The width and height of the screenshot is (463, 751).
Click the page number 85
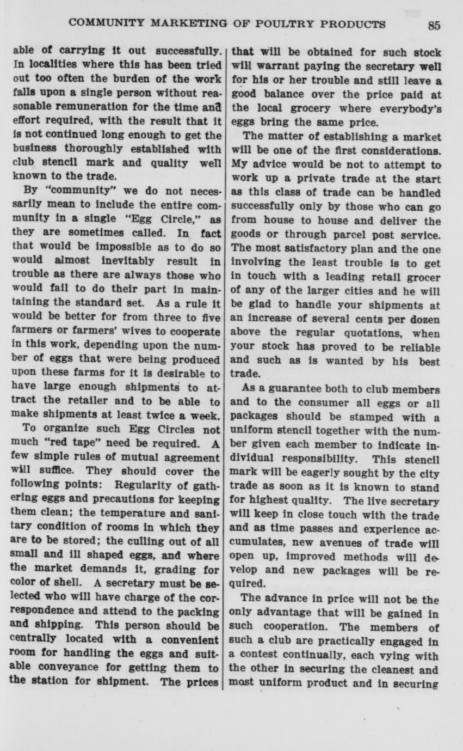click(x=434, y=25)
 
